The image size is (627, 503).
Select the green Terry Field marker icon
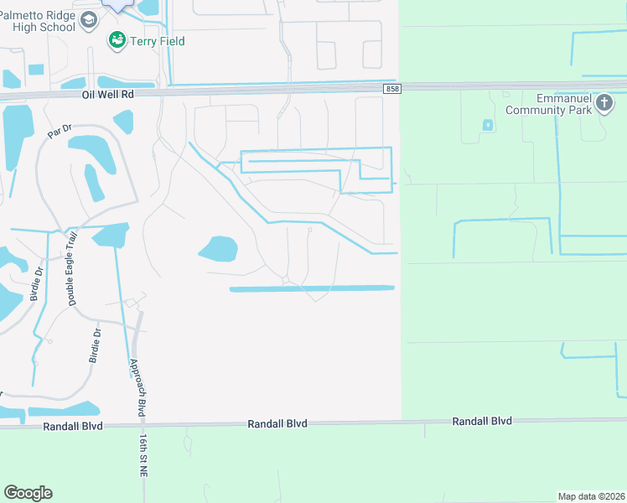tap(117, 40)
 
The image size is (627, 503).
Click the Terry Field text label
tap(156, 41)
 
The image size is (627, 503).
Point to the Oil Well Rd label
tap(108, 95)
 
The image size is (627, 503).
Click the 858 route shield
tap(393, 89)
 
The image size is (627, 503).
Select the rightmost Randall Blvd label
tap(482, 421)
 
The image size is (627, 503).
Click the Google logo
tap(28, 493)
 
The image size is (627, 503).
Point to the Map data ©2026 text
tap(592, 496)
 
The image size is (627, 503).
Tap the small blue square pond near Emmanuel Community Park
tap(488, 126)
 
